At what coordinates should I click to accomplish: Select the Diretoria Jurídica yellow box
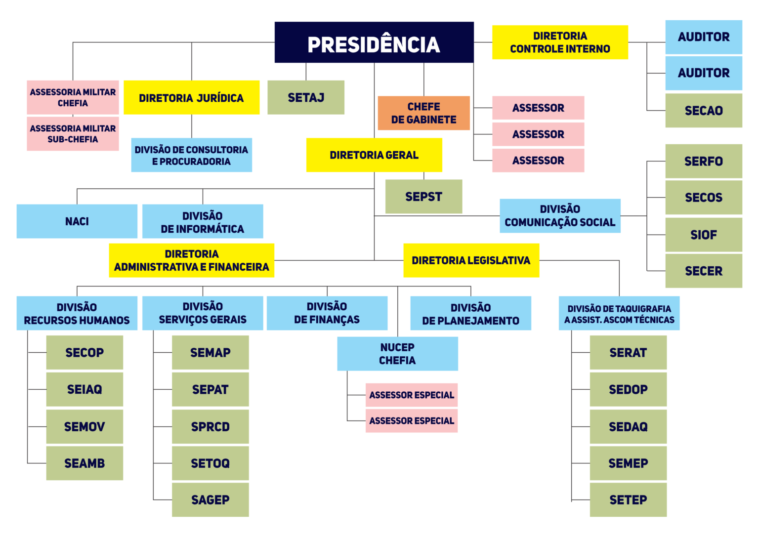coord(191,98)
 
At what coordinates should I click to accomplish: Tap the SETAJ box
coord(306,98)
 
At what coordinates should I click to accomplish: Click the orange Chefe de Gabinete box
coord(423,113)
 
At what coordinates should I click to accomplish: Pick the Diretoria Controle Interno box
coord(560,42)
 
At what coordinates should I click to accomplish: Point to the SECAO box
coord(704,111)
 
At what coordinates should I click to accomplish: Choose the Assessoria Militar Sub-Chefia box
coord(73,134)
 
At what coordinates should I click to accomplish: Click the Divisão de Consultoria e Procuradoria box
coord(191,155)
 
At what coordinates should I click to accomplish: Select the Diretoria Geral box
coord(374,155)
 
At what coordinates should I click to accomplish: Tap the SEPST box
coord(423,197)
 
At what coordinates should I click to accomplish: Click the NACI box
coord(77,221)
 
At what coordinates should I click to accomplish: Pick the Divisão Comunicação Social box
coord(560,216)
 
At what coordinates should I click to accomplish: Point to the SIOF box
coord(704,235)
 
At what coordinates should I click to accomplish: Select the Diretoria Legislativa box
coord(471,260)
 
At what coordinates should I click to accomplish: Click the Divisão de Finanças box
coord(327,313)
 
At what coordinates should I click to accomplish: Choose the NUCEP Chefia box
coord(397,354)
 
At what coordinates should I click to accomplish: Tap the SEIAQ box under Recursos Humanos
coord(84,390)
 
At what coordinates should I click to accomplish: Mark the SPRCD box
coord(210,427)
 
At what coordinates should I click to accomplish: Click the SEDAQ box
coord(628,427)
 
